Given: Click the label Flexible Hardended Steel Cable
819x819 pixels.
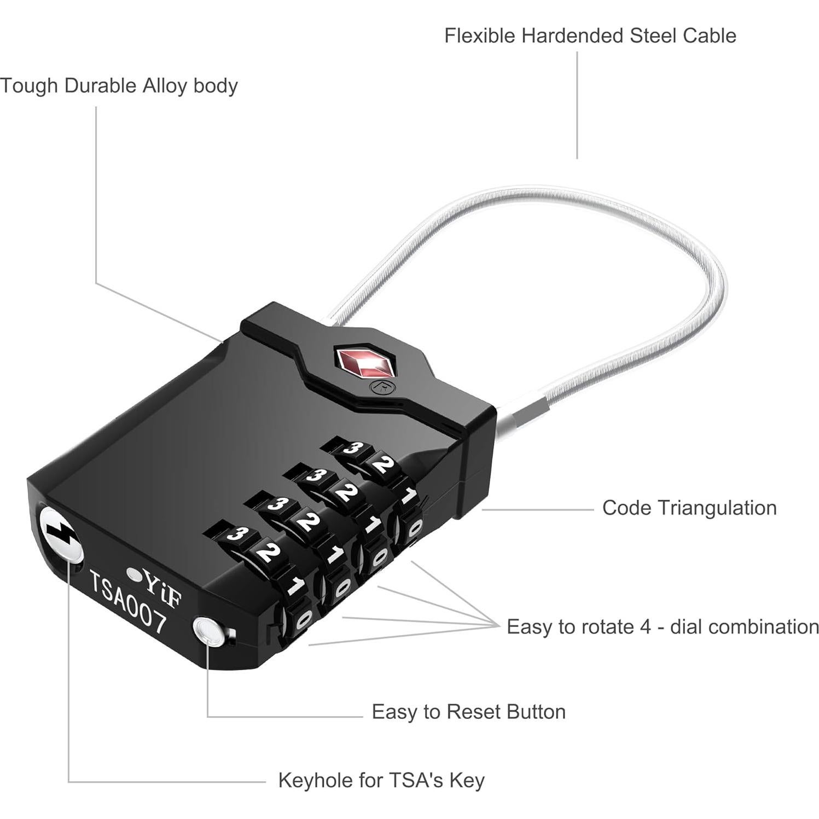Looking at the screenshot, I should pos(589,36).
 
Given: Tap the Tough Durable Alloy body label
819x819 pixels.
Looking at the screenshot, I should pos(119,86).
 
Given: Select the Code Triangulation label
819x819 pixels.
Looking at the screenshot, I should pos(689,508).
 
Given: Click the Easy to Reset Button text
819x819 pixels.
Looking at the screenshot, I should pos(468,712).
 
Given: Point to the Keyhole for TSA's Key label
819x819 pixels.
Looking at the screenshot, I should pos(381,780).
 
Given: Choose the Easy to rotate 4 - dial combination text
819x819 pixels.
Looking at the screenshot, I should pos(662,626).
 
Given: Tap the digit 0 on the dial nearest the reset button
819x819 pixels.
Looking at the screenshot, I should pos(303,620).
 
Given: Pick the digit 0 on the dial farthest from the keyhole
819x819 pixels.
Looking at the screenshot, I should pos(415,528).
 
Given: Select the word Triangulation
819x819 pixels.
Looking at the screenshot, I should pos(717,508).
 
